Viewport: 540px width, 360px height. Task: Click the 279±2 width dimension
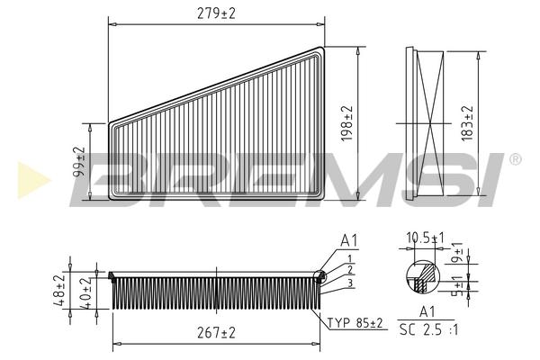(x=216, y=13)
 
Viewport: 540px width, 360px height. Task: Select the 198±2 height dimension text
(x=347, y=123)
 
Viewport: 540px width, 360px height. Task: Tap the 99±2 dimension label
(x=79, y=162)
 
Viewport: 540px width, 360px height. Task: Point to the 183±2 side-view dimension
(x=467, y=123)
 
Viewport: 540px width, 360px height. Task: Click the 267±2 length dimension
(x=216, y=333)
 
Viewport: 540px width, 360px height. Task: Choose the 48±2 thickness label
(x=58, y=291)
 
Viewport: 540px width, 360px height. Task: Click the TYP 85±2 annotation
(x=355, y=323)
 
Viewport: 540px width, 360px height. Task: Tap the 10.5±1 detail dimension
(x=425, y=238)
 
